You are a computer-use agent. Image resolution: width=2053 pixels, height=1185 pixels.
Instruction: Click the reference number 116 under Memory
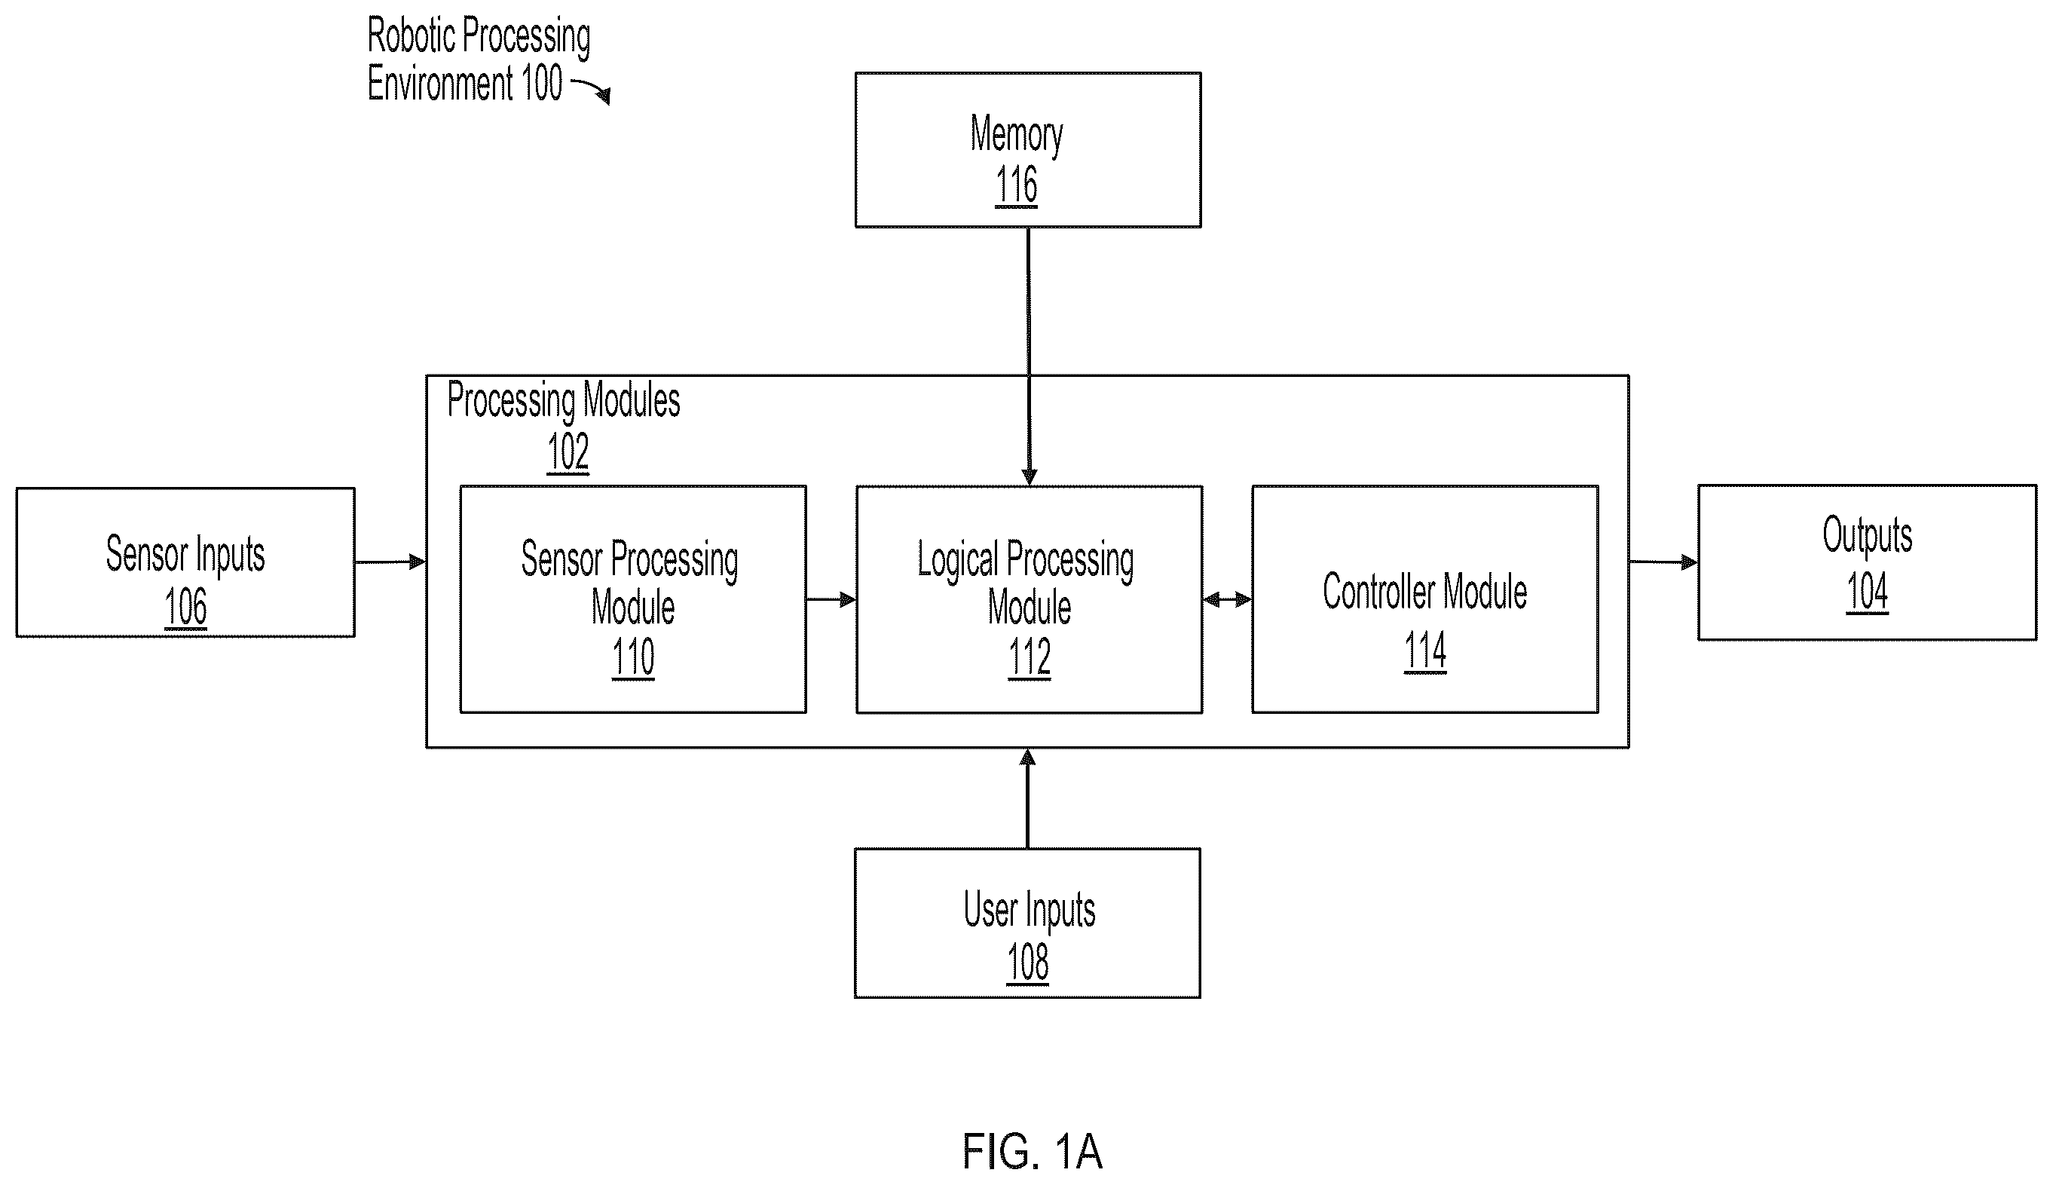(x=1017, y=185)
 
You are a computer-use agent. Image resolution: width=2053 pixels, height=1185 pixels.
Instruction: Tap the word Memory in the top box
(x=1017, y=135)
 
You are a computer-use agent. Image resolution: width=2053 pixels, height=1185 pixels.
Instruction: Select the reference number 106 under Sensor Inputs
(x=185, y=607)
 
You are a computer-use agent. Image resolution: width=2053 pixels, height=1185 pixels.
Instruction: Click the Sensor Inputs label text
(x=185, y=555)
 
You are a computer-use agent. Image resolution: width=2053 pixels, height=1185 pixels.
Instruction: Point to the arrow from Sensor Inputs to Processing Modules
(x=390, y=562)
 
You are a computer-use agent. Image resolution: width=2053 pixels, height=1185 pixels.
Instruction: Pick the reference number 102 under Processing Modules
(x=568, y=452)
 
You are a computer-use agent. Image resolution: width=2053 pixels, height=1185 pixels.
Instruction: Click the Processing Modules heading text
(x=564, y=400)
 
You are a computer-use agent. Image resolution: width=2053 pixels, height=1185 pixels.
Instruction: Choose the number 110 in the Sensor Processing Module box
(x=633, y=657)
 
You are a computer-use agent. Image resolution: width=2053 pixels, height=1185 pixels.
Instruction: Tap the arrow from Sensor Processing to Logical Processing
(x=831, y=600)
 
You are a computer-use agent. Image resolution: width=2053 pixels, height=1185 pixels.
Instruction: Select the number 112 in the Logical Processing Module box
(x=1030, y=657)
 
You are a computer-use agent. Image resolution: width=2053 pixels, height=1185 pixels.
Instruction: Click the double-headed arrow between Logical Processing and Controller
(x=1227, y=600)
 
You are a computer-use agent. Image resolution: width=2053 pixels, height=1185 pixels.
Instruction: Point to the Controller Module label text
(x=1424, y=592)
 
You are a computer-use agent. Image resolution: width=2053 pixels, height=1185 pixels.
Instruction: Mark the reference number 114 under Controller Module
(x=1424, y=651)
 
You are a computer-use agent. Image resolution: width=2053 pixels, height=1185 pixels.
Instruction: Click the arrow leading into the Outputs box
(x=1663, y=562)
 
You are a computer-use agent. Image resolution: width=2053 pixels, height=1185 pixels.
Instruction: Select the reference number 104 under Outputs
(x=1868, y=592)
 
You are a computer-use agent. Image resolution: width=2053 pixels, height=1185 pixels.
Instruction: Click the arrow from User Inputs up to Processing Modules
(x=1028, y=798)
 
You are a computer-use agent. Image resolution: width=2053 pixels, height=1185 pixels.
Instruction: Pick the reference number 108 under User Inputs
(x=1028, y=963)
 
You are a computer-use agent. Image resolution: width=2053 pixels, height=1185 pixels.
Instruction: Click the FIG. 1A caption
(x=1032, y=1151)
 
